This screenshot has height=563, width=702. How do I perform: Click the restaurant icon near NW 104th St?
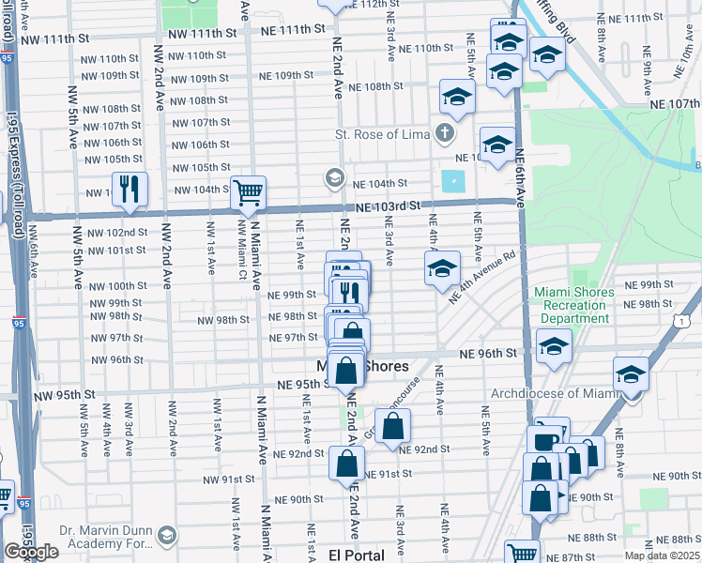[x=129, y=190]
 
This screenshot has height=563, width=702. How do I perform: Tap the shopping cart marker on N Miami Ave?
[x=248, y=192]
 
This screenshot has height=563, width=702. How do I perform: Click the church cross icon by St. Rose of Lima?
[x=445, y=133]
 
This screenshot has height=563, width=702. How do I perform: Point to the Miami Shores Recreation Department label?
[x=573, y=305]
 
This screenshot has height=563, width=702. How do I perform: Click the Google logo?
[x=31, y=552]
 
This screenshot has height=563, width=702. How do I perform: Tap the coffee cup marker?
[x=544, y=440]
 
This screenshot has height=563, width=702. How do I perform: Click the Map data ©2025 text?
[x=663, y=555]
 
